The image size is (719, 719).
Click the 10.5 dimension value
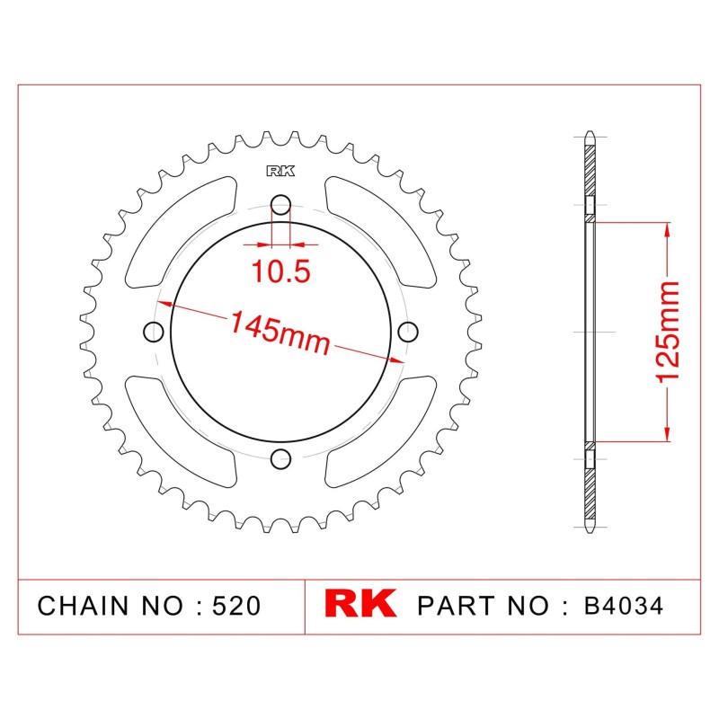pyautogui.click(x=281, y=271)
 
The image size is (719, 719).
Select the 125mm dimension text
pyautogui.click(x=667, y=332)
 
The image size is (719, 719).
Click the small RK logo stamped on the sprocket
pyautogui.click(x=280, y=171)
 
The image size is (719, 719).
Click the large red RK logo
pyautogui.click(x=360, y=603)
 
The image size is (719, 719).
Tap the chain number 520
pyautogui.click(x=236, y=606)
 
